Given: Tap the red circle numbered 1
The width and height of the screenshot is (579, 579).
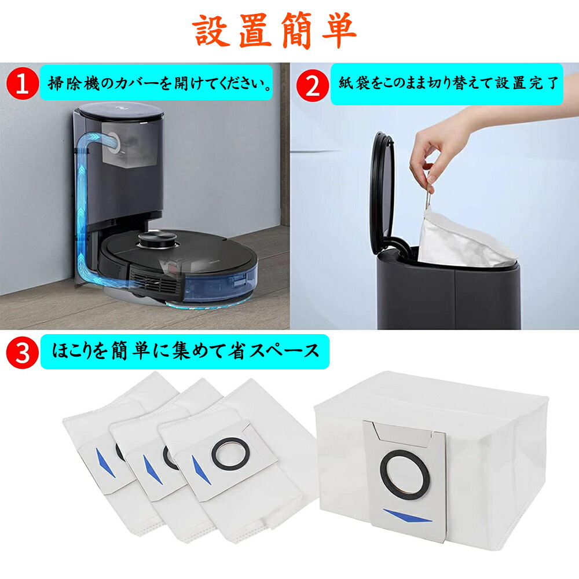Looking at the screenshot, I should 22,85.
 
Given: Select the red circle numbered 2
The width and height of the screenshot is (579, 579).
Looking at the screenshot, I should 312,86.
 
